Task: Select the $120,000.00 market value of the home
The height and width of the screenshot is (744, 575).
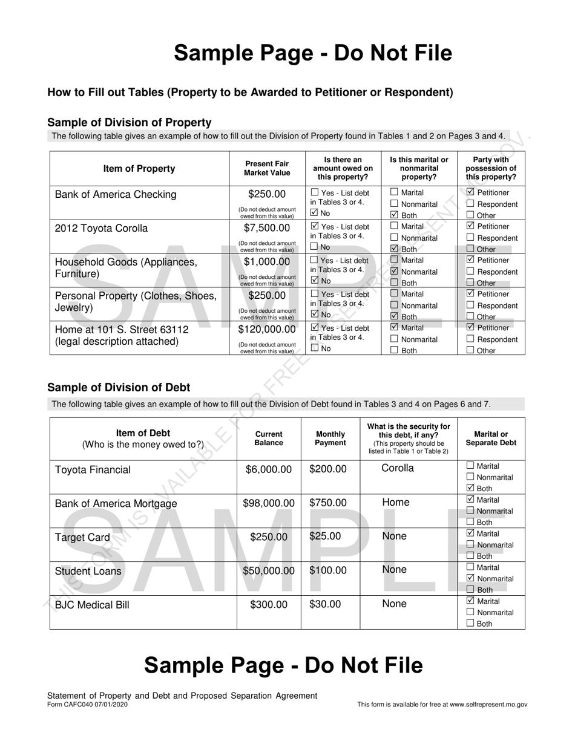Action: tap(267, 330)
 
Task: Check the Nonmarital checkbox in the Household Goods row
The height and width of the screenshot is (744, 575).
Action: tap(394, 272)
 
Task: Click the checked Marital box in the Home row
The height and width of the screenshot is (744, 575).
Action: tap(394, 327)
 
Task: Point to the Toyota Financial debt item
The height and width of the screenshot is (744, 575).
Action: tap(93, 470)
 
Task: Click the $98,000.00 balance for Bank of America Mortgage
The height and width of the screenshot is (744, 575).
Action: tap(269, 503)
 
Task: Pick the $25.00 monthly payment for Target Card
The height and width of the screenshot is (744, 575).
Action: tap(325, 536)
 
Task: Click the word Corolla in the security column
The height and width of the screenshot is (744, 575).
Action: tap(398, 468)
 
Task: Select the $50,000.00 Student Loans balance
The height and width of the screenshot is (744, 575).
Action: tap(269, 570)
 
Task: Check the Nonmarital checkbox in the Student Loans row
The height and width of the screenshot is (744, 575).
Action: tap(471, 578)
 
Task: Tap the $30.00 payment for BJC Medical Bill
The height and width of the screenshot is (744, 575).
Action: tap(325, 604)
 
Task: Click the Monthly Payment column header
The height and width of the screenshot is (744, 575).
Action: tap(330, 438)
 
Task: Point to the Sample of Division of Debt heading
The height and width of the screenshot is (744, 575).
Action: tap(119, 388)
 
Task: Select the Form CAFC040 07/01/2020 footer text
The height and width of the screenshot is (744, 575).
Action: tap(87, 704)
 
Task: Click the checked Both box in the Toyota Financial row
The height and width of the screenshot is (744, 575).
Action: tap(471, 488)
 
